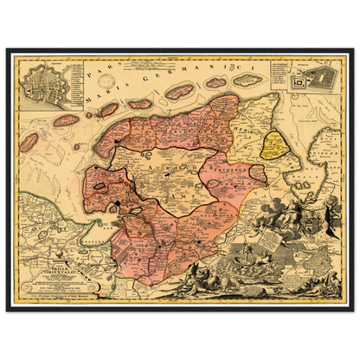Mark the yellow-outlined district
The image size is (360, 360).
tap(278, 146)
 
